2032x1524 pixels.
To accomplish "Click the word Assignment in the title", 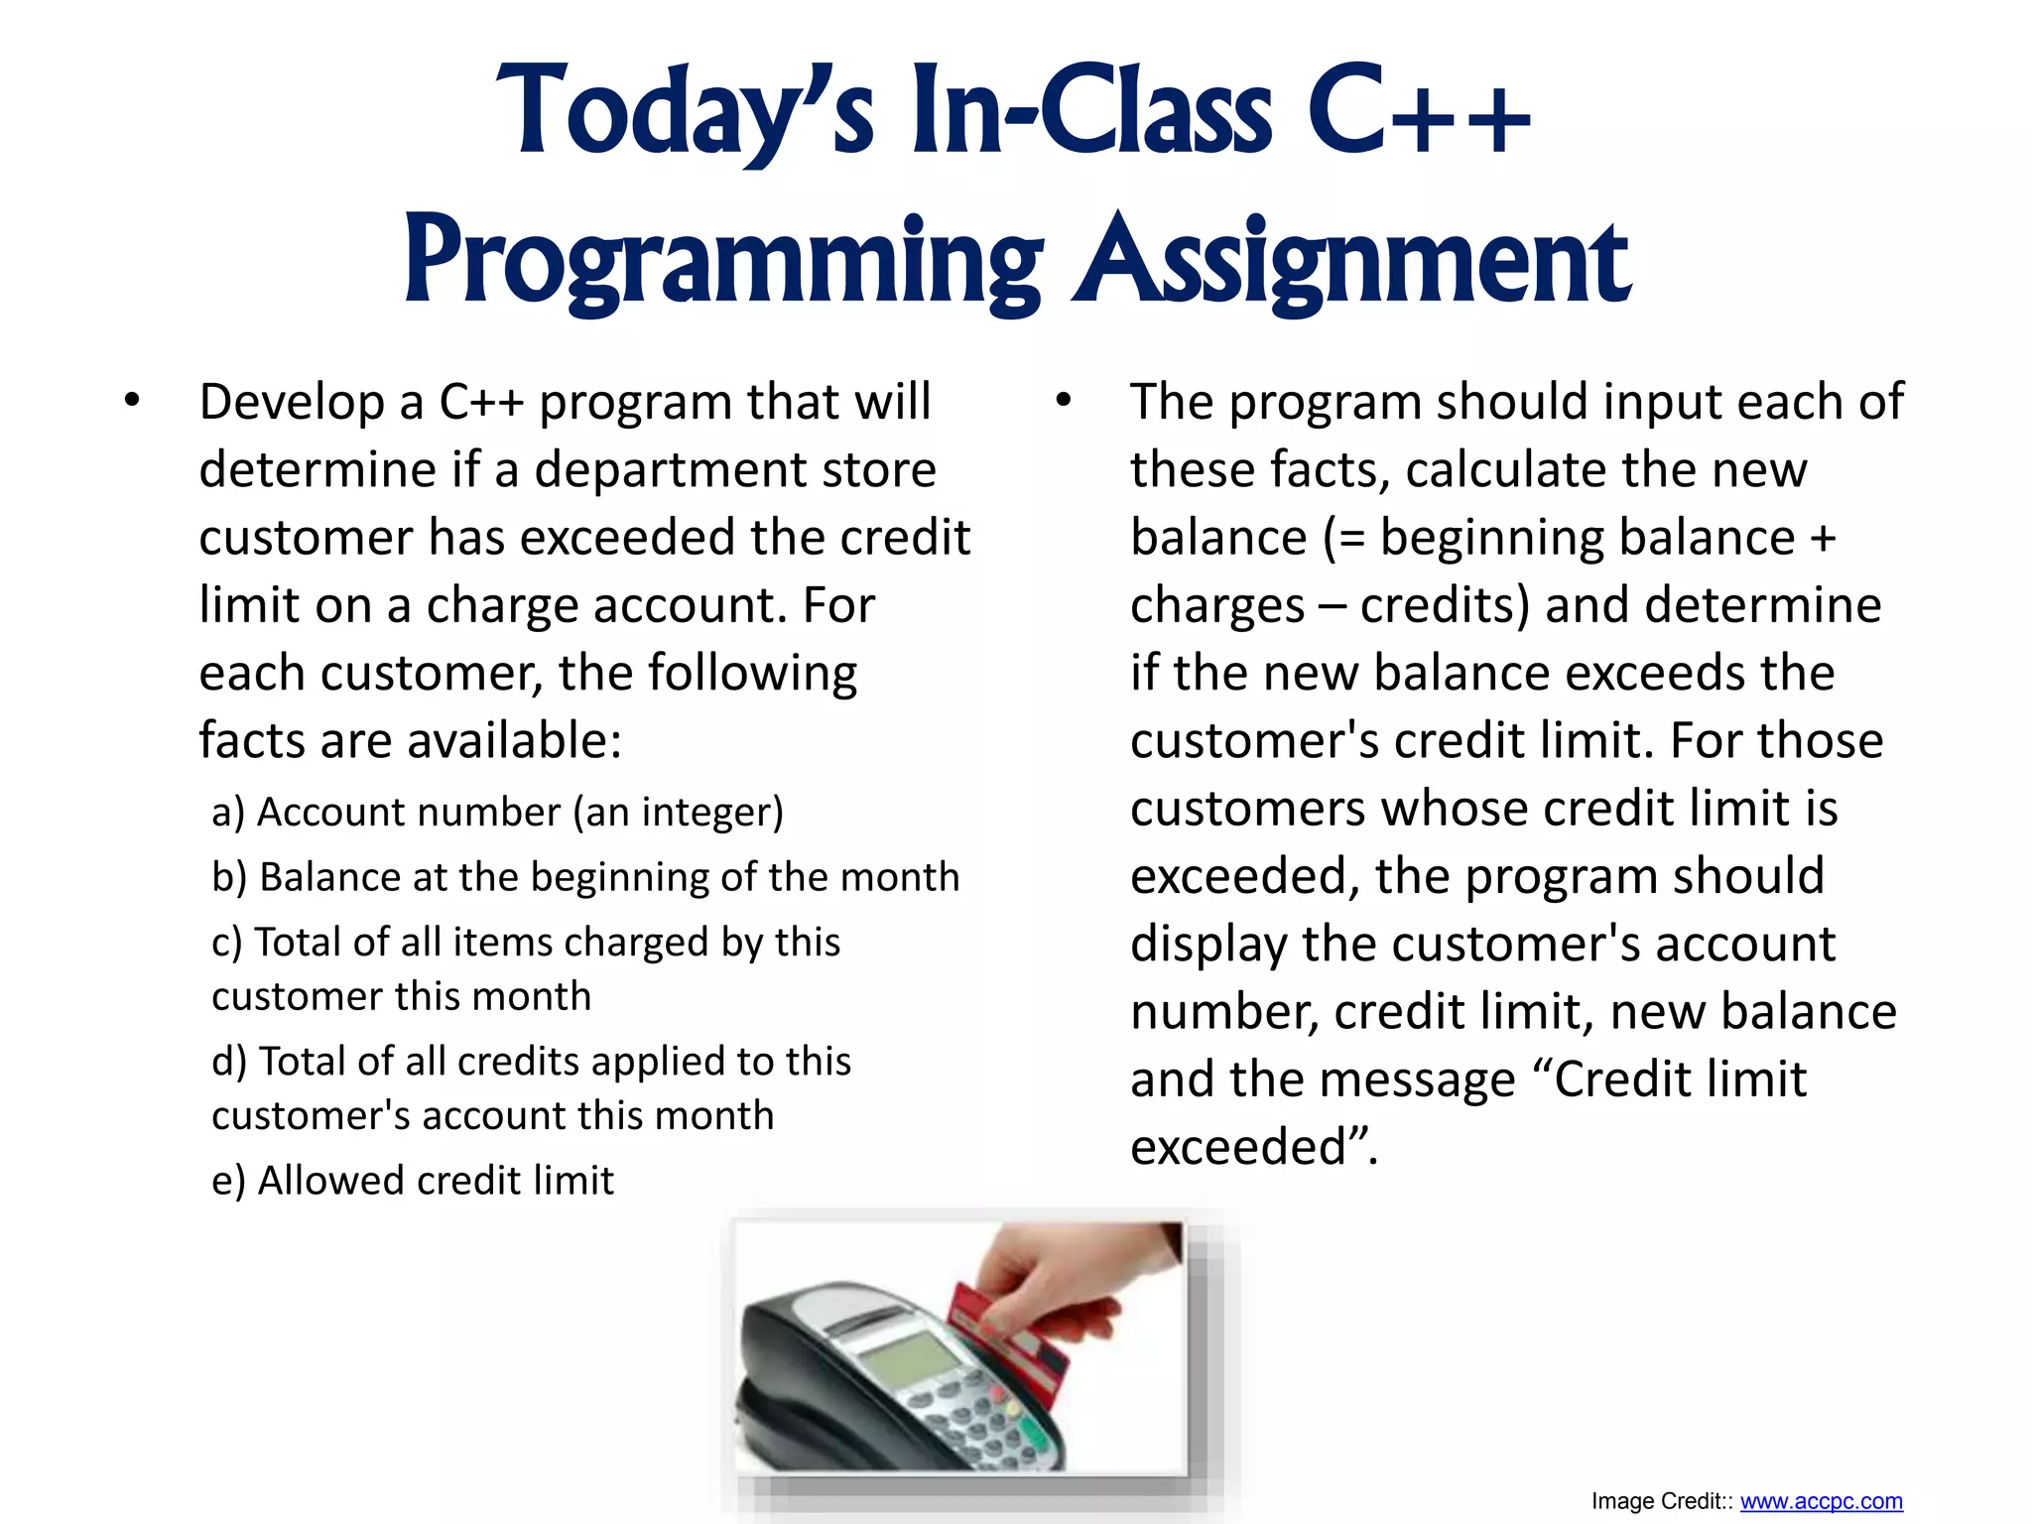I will (1352, 260).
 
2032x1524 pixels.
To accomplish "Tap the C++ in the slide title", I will (1419, 111).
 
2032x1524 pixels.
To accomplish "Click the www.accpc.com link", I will (1821, 1501).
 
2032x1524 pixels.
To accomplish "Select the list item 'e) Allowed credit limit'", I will (413, 1181).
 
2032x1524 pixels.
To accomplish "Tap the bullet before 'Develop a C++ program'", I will (132, 402).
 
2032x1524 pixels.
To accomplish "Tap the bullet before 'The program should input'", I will (1064, 402).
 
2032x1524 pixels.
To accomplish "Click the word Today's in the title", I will (685, 111).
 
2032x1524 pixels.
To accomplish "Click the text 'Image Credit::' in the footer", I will (1662, 1501).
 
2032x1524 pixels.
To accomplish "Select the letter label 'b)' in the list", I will (229, 877).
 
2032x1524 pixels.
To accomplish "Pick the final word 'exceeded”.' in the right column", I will (1254, 1147).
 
